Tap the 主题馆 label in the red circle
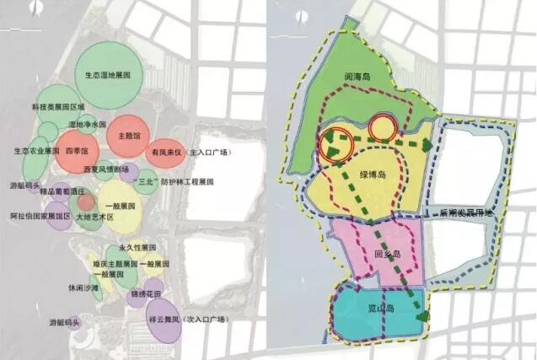129,135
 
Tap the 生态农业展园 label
37,151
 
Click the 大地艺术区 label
94,217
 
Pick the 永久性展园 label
137,248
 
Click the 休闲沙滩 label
83,287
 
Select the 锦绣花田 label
145,293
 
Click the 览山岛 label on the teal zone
380,309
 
